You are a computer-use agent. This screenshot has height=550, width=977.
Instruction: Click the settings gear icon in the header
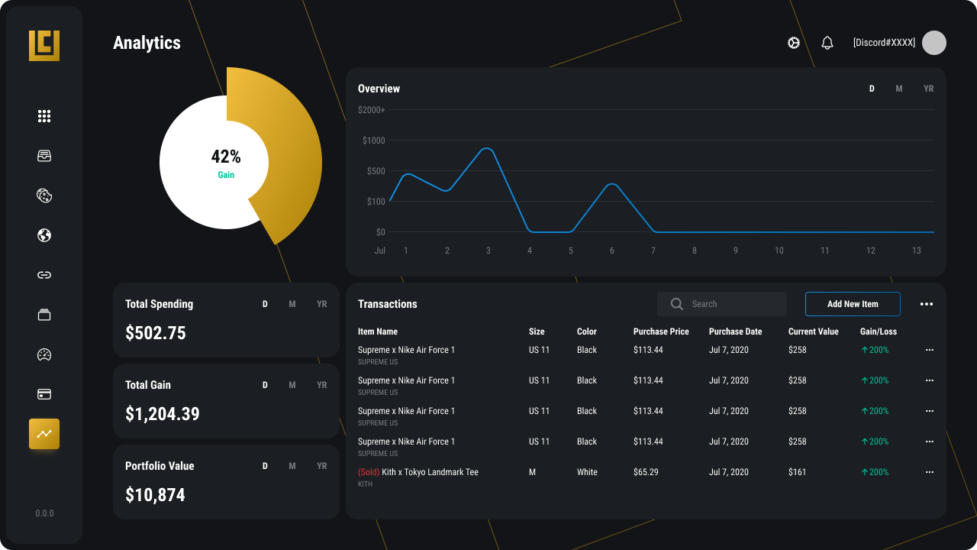point(794,43)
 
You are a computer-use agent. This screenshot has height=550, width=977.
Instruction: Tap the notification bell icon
point(827,43)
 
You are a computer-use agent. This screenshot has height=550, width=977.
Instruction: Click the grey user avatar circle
point(933,43)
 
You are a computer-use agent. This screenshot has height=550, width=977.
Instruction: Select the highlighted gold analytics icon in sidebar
point(44,434)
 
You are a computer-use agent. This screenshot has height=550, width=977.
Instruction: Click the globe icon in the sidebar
point(44,235)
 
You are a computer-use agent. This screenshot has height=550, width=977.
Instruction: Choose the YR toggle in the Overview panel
point(928,89)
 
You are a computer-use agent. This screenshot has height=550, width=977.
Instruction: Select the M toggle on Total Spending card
point(292,304)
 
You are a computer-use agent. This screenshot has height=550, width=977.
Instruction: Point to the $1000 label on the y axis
point(374,141)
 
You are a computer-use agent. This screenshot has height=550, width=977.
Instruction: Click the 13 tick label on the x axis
point(916,251)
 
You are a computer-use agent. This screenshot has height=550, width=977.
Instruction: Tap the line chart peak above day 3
point(488,148)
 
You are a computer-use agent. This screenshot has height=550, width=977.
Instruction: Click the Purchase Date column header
point(735,332)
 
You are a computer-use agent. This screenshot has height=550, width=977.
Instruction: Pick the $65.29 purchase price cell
point(646,472)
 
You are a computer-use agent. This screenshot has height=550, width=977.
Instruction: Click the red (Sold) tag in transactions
point(369,472)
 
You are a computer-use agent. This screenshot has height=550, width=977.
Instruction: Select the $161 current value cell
point(797,472)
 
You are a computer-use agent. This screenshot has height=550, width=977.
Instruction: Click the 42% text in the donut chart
point(226,157)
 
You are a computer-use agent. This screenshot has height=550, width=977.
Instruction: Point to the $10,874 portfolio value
point(155,495)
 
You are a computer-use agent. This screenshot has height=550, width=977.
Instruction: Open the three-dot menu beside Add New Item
point(926,304)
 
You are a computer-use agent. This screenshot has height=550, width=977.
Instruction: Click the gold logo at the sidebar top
point(44,46)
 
